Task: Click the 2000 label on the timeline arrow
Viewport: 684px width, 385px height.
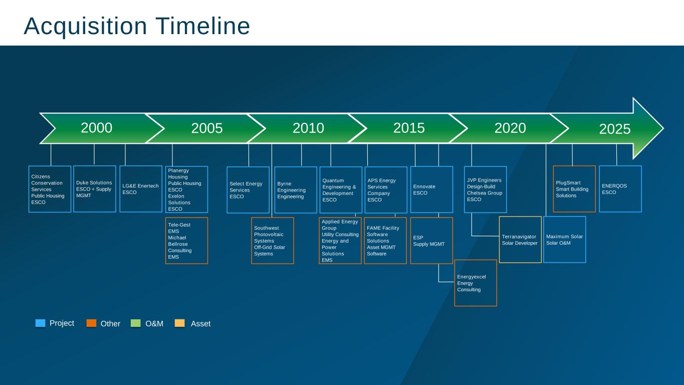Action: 97,128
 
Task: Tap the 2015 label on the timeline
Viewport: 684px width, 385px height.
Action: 409,128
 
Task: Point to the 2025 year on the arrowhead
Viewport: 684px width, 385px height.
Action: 615,129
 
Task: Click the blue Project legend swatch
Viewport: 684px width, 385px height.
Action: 40,323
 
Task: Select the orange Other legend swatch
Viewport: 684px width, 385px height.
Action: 91,323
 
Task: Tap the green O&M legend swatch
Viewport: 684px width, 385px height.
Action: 136,323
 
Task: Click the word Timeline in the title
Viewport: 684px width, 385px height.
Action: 203,26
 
